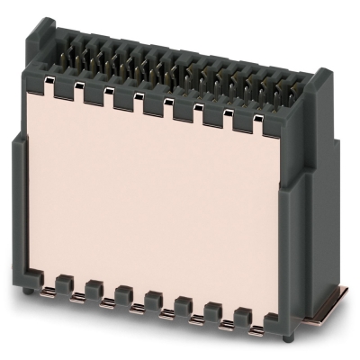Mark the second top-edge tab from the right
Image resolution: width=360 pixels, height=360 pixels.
[242, 119]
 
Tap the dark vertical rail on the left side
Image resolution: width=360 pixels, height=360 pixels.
[20, 207]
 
